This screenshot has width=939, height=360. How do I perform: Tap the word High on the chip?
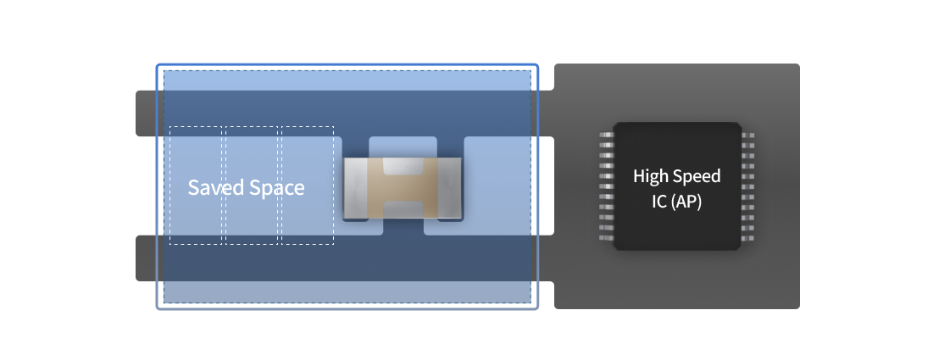650,176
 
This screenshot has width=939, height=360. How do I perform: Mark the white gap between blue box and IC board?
546,186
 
